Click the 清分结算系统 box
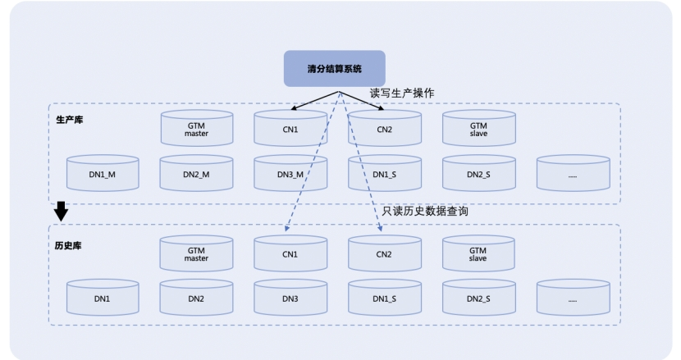334,69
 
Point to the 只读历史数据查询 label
426,212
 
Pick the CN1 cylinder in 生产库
290,130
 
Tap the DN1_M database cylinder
103,174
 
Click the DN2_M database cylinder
197,174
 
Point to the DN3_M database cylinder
290,174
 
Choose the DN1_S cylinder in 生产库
385,174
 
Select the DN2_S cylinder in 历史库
479,299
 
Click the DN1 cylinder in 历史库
103,299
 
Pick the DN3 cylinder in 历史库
290,299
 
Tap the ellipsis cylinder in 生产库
574,174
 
